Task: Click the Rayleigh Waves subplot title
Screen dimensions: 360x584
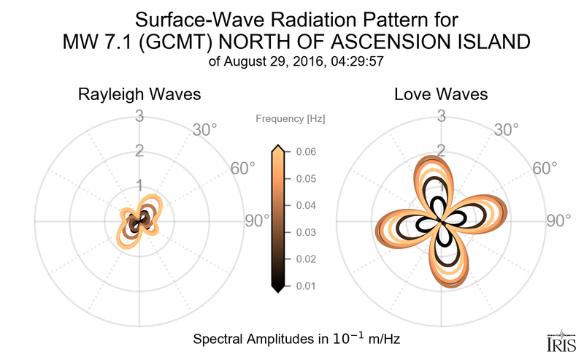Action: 139,95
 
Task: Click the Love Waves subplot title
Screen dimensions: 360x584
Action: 441,95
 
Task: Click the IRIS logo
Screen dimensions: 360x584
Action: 561,341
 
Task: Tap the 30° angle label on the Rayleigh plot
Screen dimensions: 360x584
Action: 205,130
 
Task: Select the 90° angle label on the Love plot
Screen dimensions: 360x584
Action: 559,221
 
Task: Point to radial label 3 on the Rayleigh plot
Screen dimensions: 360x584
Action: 139,115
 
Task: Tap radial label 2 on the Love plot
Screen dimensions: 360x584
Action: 441,150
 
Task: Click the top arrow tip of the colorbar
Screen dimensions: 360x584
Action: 277,148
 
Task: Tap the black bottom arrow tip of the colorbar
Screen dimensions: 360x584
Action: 277,289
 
